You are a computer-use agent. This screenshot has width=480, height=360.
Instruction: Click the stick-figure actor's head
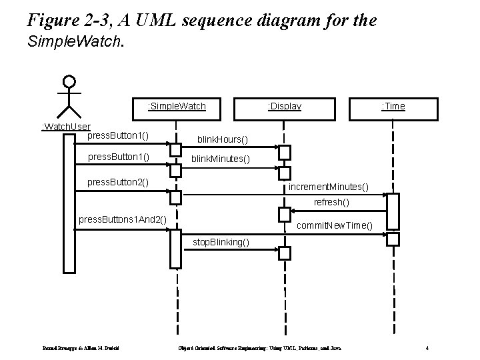[x=69, y=83]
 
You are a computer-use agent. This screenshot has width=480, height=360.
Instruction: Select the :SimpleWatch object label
[x=177, y=106]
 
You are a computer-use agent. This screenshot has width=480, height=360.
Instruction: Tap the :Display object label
[x=284, y=106]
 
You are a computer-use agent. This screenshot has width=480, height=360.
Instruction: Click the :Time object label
[x=393, y=106]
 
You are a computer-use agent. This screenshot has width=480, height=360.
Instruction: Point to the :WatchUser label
[x=66, y=127]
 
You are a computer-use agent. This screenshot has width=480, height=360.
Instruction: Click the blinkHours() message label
[x=221, y=140]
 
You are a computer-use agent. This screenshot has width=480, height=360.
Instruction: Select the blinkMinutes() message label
[x=221, y=159]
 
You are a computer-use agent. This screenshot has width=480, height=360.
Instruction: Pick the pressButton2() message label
[x=118, y=182]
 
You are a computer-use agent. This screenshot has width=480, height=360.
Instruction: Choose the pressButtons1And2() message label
[x=122, y=219]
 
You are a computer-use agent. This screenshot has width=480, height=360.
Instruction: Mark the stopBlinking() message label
[x=221, y=241]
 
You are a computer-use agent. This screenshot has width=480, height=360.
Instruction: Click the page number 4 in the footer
[x=427, y=348]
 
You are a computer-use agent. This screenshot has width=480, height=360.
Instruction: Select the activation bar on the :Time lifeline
[x=393, y=211]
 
